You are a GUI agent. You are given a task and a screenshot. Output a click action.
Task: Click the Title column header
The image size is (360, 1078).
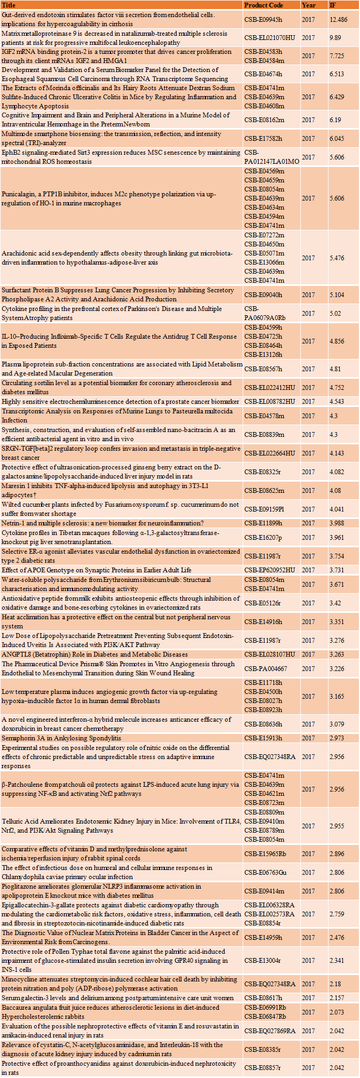[9, 5]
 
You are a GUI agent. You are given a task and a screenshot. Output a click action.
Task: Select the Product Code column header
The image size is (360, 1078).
[263, 5]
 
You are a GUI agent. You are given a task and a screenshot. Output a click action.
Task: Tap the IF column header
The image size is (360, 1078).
[333, 5]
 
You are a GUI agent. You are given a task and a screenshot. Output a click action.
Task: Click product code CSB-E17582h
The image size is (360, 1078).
[263, 138]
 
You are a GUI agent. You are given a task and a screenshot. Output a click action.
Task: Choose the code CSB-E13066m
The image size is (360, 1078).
[265, 262]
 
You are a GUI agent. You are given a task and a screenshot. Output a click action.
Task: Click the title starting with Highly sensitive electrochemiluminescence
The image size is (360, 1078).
[120, 401]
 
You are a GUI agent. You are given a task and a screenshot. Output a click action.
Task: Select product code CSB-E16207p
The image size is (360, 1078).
[263, 537]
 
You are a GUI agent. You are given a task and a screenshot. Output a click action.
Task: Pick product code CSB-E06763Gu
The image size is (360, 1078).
[266, 872]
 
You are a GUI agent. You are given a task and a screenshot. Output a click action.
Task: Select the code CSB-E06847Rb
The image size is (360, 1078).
[266, 1017]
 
